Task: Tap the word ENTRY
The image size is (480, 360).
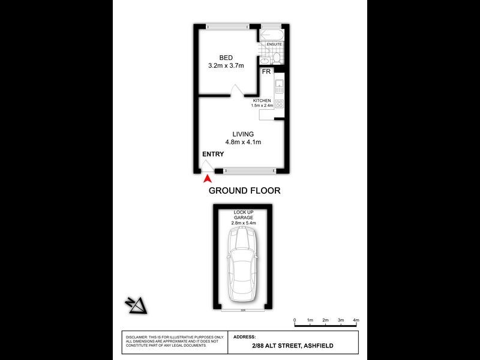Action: coord(213,154)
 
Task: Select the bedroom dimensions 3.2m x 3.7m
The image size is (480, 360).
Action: coord(226,66)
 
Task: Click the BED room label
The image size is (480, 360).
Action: coord(226,58)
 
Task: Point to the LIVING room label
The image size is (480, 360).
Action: coord(243,134)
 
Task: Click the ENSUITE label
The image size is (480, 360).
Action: coord(274,44)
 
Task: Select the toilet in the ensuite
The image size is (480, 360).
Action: coord(276,58)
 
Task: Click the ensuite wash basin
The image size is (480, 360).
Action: coord(265,60)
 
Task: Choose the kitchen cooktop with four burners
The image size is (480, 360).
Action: coord(279,104)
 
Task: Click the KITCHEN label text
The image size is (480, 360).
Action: coord(262,100)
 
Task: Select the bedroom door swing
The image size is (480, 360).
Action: coord(237,91)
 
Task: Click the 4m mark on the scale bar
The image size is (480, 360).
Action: coord(356,320)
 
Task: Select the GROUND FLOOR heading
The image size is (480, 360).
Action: coord(244,191)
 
